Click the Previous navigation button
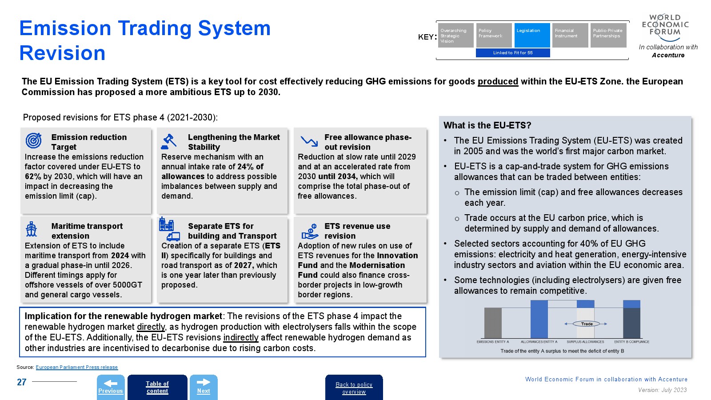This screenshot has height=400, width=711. pos(111,387)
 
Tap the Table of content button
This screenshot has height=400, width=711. pos(157,387)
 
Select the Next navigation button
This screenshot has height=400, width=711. pos(204,387)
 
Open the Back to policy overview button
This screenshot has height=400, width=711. pos(354,388)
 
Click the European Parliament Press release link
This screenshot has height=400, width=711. pos(76,367)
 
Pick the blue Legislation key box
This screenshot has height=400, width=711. pos(532,35)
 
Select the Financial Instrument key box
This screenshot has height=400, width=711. pos(570,35)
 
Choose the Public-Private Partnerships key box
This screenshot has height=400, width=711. pos(608,35)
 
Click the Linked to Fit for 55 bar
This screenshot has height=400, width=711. pos(513,53)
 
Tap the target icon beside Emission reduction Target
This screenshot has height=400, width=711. pos(33,140)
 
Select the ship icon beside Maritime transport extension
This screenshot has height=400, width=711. pos(31,229)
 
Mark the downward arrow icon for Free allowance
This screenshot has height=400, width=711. pos(309,141)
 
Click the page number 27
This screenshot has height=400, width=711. pos(21,382)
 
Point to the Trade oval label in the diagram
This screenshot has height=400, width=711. pos(587,324)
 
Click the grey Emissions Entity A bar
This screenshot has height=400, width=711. pos(493,323)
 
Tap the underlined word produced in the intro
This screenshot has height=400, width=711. pos(498,81)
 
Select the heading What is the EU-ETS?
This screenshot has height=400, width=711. pos(487,125)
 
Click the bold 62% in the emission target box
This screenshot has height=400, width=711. pos(33,176)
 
